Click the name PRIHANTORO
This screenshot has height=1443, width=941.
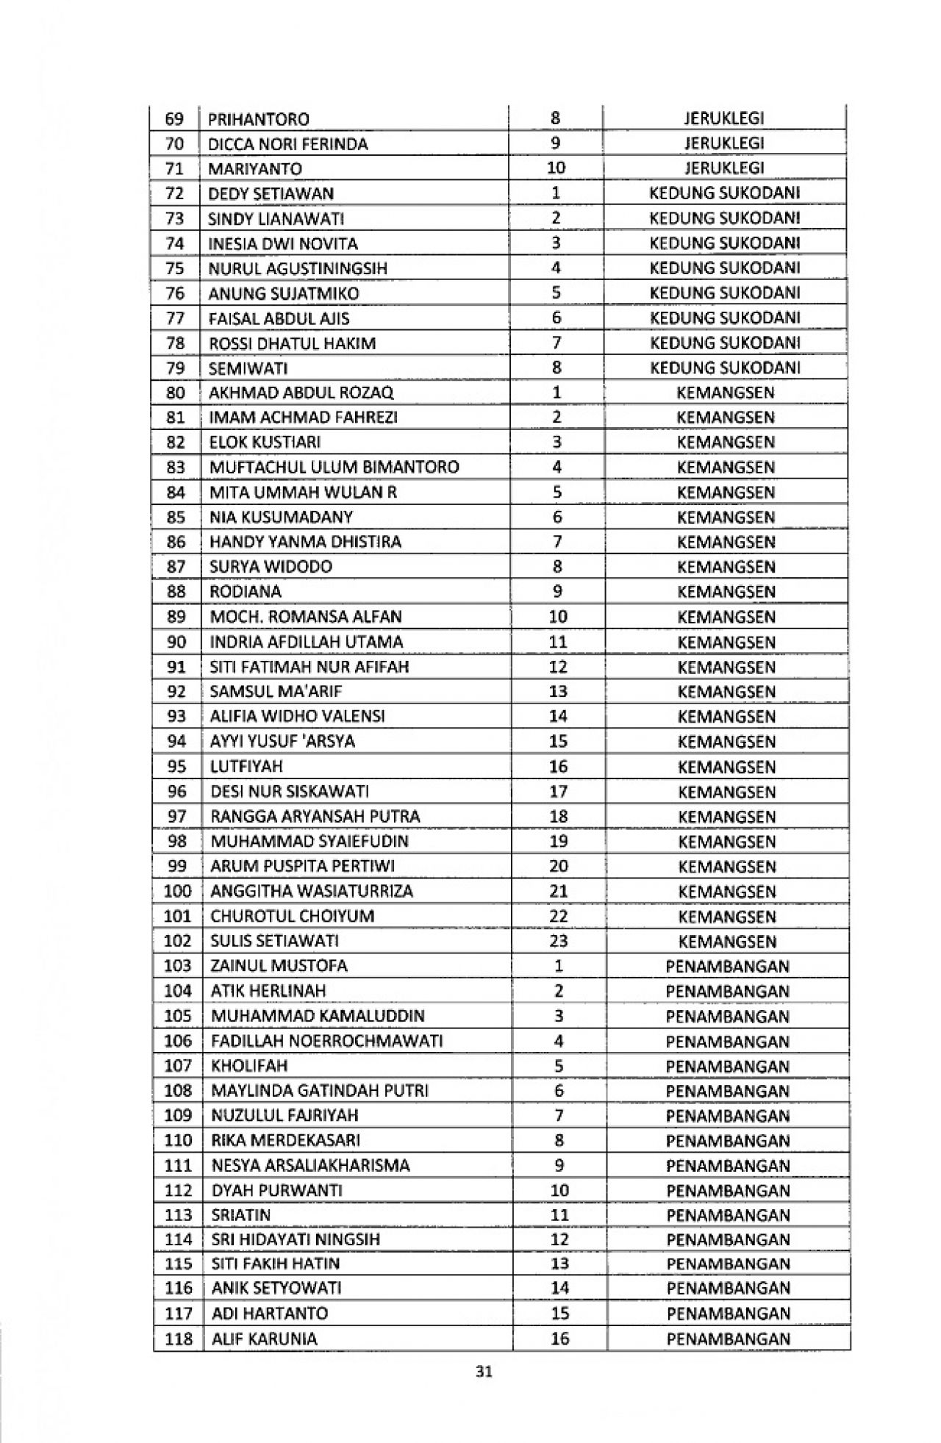[259, 119]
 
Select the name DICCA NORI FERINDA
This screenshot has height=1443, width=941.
[288, 144]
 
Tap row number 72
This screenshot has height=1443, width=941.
[175, 194]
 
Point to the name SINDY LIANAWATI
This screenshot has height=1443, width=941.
[276, 219]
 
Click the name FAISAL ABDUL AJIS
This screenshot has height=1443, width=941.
[279, 318]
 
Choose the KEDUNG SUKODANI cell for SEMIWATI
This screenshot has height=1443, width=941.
[725, 368]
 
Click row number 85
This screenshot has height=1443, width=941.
[176, 518]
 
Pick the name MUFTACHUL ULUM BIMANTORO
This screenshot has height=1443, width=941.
[334, 468]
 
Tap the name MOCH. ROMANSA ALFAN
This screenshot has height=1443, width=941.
[306, 617]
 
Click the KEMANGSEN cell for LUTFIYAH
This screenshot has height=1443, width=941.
[726, 767]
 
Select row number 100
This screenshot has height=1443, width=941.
[177, 892]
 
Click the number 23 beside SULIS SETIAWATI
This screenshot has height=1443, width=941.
[559, 941]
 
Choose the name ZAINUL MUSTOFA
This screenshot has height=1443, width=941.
[279, 966]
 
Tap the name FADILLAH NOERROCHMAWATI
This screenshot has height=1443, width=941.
[327, 1041]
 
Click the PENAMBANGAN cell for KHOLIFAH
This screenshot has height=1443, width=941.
[728, 1066]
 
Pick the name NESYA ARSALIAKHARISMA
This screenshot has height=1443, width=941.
[311, 1165]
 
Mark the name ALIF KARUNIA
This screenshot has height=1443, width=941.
[265, 1339]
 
